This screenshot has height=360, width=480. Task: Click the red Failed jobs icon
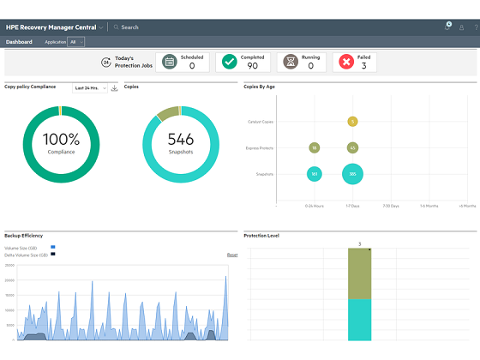[345, 62]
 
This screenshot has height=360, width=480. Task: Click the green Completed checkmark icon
[229, 62]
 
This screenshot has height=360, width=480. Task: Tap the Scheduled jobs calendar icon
[170, 62]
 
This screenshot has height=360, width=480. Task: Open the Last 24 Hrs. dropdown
[90, 88]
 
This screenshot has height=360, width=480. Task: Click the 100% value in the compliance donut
[60, 139]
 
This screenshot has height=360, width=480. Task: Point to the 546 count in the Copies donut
[181, 139]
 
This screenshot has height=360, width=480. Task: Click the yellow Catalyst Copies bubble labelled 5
[352, 122]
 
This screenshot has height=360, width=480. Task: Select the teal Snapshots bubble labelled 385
[352, 175]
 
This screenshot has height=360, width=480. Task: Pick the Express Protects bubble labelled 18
[315, 148]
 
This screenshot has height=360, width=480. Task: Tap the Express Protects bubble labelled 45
[352, 148]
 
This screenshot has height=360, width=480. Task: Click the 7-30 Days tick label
[390, 207]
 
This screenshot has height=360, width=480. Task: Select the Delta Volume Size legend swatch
[52, 255]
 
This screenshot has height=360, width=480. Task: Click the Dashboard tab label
[19, 41]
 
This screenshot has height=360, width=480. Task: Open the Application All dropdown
[76, 41]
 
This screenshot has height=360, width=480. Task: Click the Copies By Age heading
[260, 87]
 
